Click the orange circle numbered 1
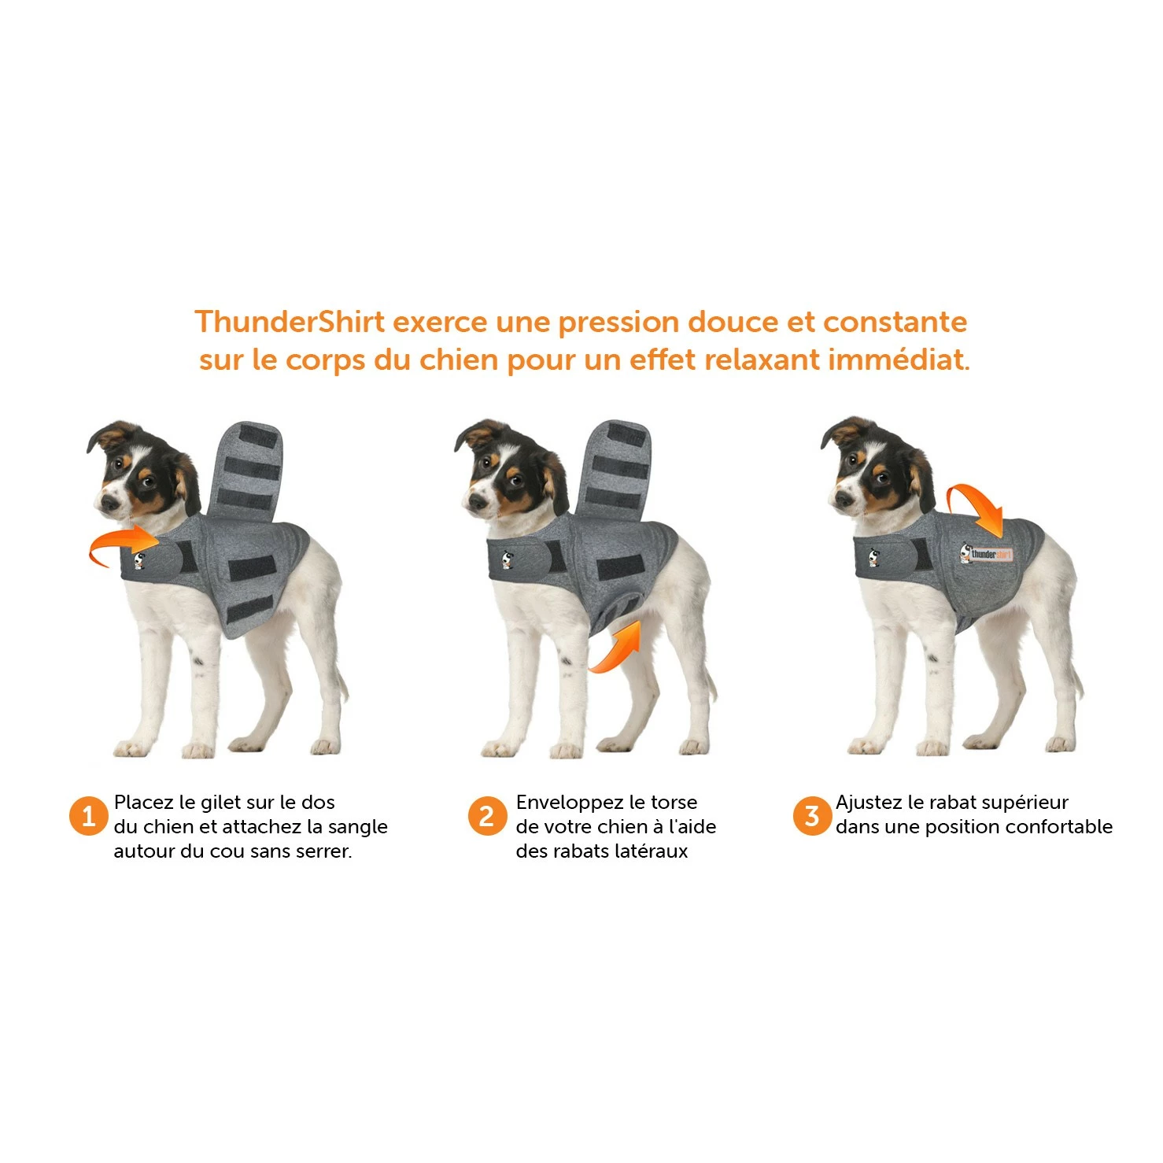88,816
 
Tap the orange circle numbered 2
487,816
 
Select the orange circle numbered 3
811,816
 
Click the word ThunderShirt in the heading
290,322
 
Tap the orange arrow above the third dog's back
976,508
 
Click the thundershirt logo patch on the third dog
986,553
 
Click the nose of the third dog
840,499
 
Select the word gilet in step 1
220,803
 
